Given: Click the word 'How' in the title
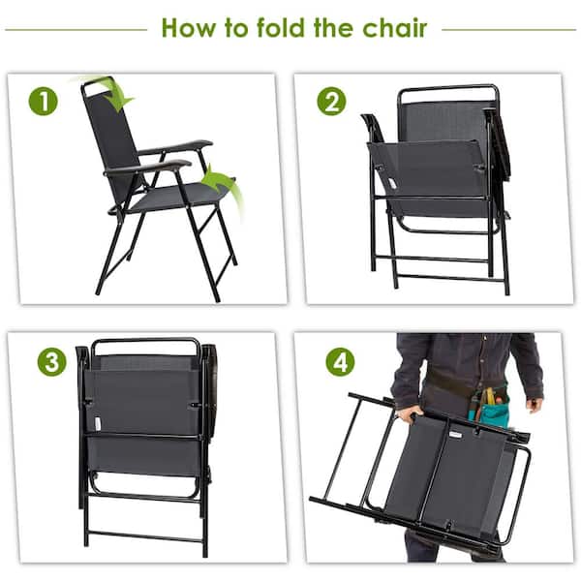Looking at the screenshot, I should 191,27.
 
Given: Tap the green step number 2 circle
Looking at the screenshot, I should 330,101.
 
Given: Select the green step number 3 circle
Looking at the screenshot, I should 51,362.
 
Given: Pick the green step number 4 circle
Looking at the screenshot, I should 340,362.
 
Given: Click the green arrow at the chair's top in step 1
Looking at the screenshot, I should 113,92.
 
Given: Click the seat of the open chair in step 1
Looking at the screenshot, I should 174,199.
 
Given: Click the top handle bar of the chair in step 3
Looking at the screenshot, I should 145,342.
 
